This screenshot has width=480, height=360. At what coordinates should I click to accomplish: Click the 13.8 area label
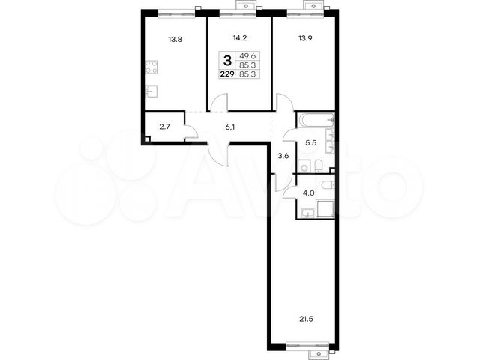tap(175, 39)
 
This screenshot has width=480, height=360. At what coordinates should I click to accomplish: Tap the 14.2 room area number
tap(240, 38)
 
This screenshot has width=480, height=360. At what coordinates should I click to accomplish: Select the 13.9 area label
tap(305, 38)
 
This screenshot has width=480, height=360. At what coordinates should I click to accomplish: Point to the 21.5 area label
tap(306, 319)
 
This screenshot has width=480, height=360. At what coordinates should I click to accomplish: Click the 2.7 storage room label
tap(165, 127)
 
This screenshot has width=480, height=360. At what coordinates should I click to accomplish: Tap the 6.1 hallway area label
tap(230, 127)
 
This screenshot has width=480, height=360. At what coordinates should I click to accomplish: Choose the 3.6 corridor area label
tap(283, 156)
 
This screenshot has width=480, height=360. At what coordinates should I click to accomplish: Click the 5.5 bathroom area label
tap(310, 142)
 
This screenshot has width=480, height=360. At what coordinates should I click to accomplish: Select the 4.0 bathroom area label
tap(308, 193)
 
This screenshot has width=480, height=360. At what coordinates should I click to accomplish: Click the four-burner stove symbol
tap(151, 67)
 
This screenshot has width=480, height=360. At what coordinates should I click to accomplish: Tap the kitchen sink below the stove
tap(151, 91)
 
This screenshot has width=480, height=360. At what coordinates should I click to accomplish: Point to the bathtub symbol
tap(316, 120)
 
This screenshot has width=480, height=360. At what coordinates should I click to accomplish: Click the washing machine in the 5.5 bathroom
tap(304, 166)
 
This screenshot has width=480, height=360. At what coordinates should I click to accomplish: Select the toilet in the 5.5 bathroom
tap(318, 166)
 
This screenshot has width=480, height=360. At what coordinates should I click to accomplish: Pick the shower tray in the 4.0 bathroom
tap(325, 208)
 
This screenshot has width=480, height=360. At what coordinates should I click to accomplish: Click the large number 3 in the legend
tap(227, 61)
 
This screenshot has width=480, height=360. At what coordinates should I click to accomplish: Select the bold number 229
tap(227, 74)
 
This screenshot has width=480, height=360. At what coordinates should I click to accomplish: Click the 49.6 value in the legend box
tap(247, 56)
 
